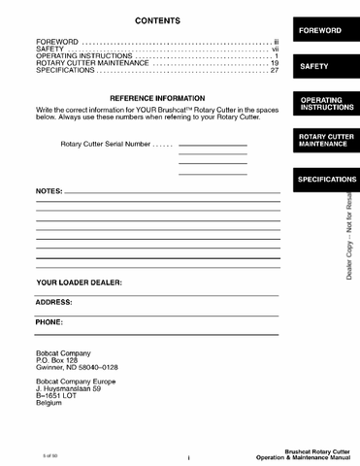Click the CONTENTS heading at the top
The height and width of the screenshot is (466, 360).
(x=156, y=20)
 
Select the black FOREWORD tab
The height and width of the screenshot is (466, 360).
(x=320, y=31)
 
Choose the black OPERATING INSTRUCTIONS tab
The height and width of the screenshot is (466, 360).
(x=326, y=103)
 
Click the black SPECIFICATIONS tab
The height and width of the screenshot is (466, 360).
(x=327, y=180)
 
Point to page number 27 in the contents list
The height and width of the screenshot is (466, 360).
(x=275, y=70)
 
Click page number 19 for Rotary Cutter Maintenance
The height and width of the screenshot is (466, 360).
(x=275, y=63)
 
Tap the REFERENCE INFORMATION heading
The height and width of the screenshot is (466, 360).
(x=157, y=99)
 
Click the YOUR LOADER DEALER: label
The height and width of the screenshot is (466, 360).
(x=79, y=283)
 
